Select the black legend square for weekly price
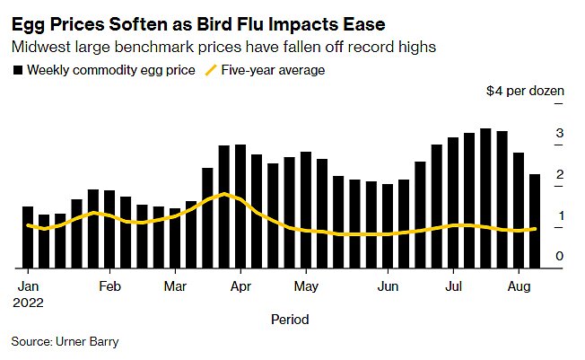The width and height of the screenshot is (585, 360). click(x=17, y=70)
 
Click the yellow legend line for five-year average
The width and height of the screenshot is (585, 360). click(x=212, y=70)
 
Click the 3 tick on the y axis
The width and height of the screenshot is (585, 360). click(x=559, y=134)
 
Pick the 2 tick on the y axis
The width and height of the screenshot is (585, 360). click(x=559, y=175)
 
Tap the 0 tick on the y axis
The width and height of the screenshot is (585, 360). click(x=559, y=258)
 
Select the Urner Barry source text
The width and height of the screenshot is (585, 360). click(x=86, y=341)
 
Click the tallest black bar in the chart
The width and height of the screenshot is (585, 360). click(x=485, y=198)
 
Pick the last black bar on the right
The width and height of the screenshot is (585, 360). click(x=535, y=221)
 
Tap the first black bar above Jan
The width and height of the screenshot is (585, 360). click(x=28, y=237)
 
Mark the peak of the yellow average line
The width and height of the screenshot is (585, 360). click(x=224, y=194)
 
